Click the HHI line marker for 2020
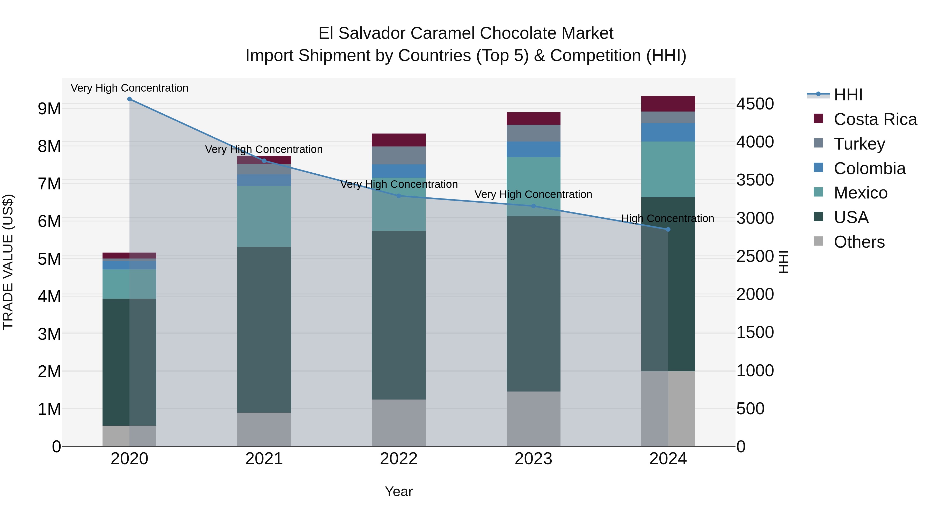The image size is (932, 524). (129, 99)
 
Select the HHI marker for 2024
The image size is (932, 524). (668, 229)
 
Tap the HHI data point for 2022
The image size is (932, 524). (399, 196)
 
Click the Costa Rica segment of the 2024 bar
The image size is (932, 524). (668, 104)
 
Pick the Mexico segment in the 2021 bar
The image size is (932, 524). (264, 216)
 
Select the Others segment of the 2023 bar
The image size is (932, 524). (533, 418)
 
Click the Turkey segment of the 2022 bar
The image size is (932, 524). (399, 156)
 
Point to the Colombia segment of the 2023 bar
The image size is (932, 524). (533, 149)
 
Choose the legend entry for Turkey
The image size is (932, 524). (859, 144)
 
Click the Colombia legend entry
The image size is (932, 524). (869, 168)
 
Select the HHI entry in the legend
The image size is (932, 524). (848, 95)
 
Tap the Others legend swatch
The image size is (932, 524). (818, 241)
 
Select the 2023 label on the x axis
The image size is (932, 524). (533, 459)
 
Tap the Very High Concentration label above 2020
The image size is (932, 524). (129, 88)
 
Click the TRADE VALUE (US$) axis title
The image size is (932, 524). (8, 262)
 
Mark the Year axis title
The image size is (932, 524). (399, 491)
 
